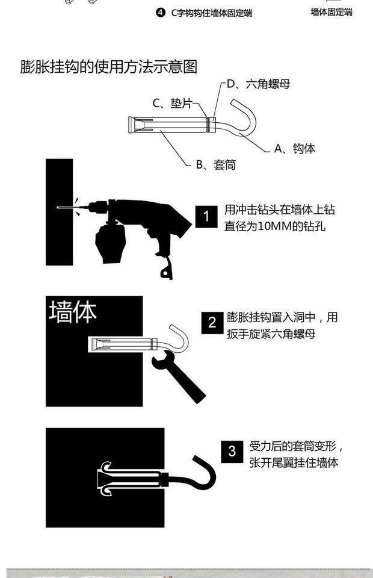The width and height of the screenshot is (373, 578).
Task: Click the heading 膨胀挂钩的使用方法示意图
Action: click(109, 66)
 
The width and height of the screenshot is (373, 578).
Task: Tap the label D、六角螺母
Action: click(259, 84)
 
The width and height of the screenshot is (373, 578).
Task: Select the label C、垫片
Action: click(172, 103)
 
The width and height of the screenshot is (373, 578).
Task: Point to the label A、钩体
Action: click(294, 148)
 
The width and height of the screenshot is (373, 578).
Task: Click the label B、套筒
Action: click(215, 164)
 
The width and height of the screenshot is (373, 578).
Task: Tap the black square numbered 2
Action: click(212, 323)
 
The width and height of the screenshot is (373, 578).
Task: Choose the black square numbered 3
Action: click(232, 451)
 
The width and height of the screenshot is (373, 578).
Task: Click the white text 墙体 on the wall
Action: click(73, 312)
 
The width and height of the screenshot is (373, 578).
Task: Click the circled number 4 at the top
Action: click(160, 13)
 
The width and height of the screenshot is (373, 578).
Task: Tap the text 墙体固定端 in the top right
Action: click(331, 12)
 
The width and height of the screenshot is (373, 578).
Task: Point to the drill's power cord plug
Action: click(165, 272)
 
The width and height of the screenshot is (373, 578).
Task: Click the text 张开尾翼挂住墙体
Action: click(294, 463)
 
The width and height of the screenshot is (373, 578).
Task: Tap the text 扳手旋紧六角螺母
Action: click(271, 334)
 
